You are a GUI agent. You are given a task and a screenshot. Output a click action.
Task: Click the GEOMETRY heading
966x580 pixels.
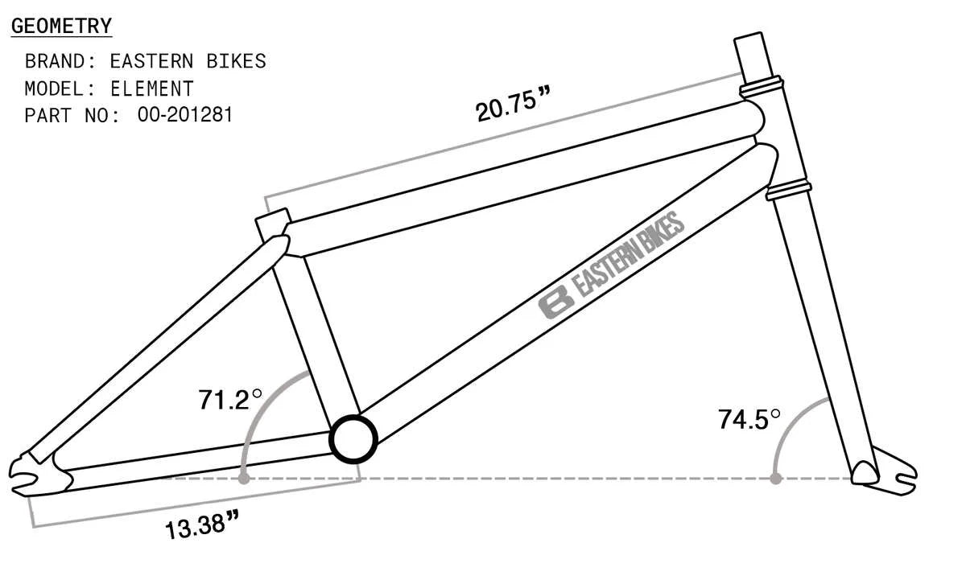[61, 26]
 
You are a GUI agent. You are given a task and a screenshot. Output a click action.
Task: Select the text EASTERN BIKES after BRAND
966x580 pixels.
[188, 61]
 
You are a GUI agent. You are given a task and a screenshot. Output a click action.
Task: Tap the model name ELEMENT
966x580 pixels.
[151, 88]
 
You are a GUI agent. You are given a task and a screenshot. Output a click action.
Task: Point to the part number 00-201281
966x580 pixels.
[185, 115]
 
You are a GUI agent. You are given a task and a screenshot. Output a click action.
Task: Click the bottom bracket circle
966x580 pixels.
[353, 439]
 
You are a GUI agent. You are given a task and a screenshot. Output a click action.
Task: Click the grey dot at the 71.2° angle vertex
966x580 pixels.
[243, 479]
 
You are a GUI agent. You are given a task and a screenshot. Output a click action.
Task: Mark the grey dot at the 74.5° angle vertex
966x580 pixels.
[775, 479]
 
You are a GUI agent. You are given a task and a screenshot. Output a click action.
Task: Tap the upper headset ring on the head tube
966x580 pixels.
[762, 83]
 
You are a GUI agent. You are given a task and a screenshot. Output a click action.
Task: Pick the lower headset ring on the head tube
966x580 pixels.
[786, 191]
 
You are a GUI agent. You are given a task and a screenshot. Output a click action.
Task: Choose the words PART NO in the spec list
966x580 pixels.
[72, 115]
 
